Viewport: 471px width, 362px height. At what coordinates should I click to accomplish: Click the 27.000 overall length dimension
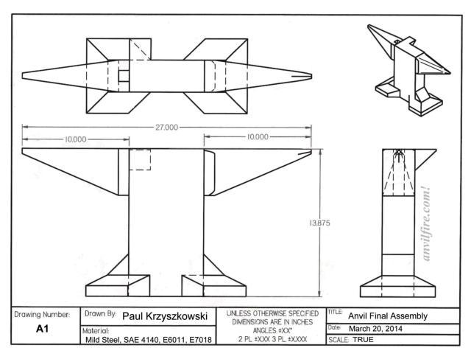point(166,127)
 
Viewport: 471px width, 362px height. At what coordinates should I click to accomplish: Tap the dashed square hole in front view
point(140,160)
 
